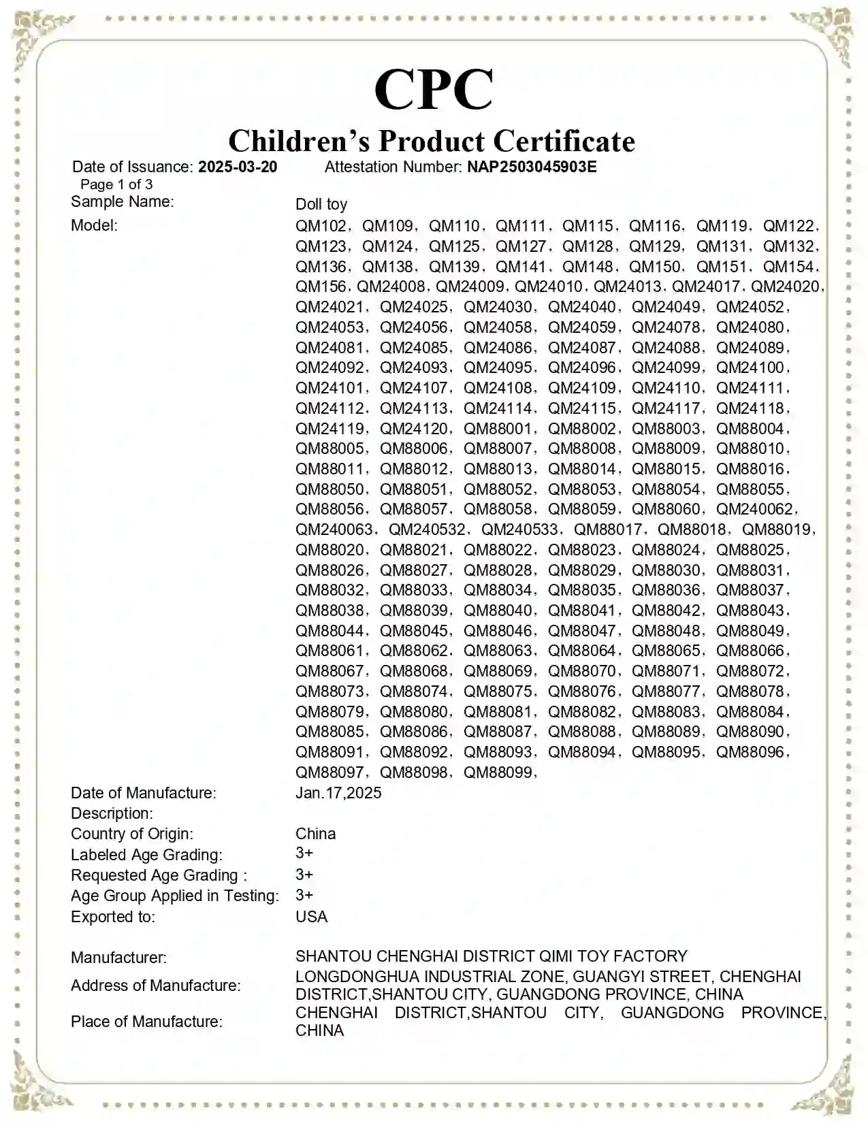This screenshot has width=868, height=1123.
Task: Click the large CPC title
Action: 434,90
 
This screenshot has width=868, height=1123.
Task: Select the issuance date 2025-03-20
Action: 238,167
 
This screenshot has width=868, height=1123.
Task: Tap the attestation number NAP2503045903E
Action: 532,167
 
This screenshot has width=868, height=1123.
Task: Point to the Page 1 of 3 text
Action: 116,184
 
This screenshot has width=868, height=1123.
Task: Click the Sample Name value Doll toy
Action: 321,204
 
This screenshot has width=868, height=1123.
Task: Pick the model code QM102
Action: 321,226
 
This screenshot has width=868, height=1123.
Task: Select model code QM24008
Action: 391,287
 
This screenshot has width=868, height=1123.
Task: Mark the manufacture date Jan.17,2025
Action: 338,793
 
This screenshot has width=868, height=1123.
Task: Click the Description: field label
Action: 112,813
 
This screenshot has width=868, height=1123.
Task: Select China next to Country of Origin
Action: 315,834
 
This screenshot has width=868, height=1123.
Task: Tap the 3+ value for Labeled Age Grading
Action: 304,853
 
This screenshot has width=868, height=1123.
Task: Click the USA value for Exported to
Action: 311,917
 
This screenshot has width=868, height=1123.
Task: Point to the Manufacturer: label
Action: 118,958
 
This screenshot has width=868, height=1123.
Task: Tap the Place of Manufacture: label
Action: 146,1022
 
